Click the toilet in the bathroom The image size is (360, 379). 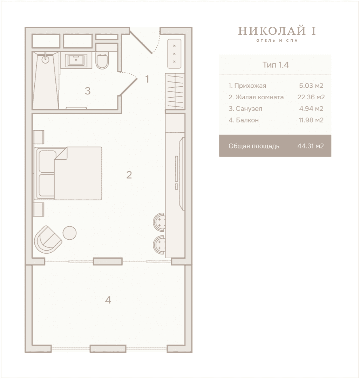pyautogui.click(x=102, y=61)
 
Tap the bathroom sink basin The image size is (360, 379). pyautogui.click(x=76, y=60)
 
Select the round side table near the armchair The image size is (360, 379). pyautogui.click(x=69, y=233)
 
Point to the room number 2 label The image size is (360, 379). pyautogui.click(x=129, y=175)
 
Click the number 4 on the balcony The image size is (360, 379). pyautogui.click(x=108, y=300)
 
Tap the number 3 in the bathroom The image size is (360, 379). pyautogui.click(x=88, y=91)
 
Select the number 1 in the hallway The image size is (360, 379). pyautogui.click(x=147, y=79)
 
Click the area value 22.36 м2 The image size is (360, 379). pyautogui.click(x=311, y=97)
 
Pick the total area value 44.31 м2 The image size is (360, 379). pyautogui.click(x=311, y=146)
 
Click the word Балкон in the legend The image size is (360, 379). pyautogui.click(x=247, y=120)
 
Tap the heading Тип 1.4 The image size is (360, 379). pyautogui.click(x=276, y=65)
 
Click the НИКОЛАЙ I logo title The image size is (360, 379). pyautogui.click(x=277, y=31)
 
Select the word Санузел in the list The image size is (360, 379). pyautogui.click(x=249, y=109)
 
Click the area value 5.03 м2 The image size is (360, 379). pyautogui.click(x=311, y=86)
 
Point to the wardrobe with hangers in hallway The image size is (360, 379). pyautogui.click(x=175, y=92)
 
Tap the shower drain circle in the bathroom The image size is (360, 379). pyautogui.click(x=45, y=59)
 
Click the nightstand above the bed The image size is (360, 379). pyautogui.click(x=38, y=137)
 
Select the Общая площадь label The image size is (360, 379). pyautogui.click(x=254, y=146)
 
